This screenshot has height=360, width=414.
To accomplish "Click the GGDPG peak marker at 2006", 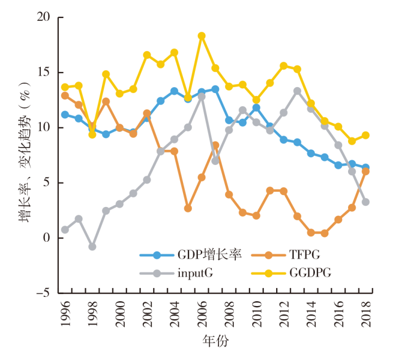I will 202,36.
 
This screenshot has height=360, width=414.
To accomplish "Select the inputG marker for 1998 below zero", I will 92,247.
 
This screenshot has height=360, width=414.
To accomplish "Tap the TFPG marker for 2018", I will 366,171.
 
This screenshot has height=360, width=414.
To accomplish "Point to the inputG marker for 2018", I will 366,202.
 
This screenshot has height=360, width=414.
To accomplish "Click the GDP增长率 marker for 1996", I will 65,114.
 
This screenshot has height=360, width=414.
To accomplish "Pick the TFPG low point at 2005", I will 188,208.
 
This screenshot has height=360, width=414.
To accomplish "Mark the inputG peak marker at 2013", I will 297,91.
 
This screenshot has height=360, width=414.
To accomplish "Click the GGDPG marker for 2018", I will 366,135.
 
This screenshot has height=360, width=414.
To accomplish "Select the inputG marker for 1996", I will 65,230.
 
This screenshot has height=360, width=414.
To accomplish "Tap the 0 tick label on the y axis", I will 46,238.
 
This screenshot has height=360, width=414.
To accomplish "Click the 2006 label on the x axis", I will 202,313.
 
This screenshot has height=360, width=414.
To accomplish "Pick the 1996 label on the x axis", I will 65,313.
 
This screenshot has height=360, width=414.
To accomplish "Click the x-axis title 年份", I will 215,342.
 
